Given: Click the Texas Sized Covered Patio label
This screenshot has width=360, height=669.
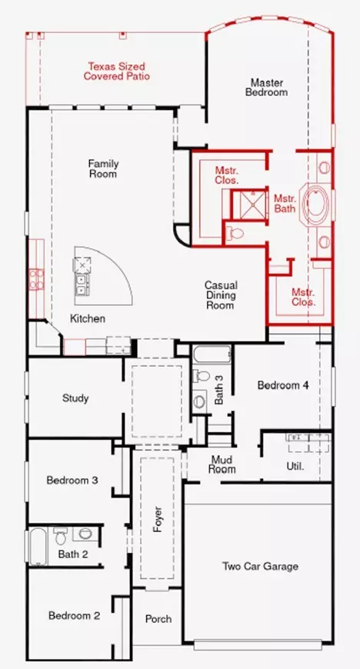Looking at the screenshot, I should point(118,72).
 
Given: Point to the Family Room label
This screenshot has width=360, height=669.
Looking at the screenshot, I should point(102,168).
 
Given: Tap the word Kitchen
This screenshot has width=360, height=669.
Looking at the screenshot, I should point(88,318).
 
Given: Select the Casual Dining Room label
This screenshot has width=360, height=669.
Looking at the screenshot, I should point(220,295).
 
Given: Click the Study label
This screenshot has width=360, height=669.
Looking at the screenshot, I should point(75,398).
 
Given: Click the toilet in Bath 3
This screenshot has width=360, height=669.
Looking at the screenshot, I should point(200,377).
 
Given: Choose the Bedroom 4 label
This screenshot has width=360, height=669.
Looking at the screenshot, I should point(283,385).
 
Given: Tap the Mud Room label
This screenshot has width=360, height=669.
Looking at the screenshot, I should point(222,464).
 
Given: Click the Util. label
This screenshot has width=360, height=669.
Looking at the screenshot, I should point(295,467).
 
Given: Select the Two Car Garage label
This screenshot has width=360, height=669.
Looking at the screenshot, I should point(260,567).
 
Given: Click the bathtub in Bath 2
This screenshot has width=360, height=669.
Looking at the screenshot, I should point(38,546).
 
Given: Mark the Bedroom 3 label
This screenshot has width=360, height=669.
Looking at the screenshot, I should point(72,481).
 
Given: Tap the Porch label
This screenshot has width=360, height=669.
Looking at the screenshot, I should point(158,619).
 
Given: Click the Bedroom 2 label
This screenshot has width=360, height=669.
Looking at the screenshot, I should point(75,615).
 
